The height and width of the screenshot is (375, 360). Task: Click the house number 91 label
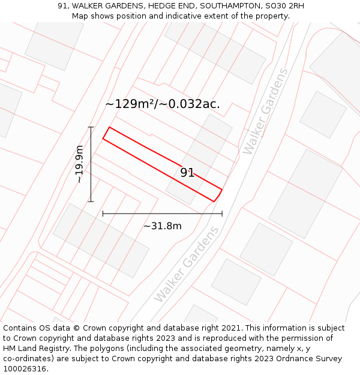[x=187, y=173]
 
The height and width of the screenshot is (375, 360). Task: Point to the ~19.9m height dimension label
[x=79, y=164]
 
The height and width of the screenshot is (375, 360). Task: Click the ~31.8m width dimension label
[x=162, y=226]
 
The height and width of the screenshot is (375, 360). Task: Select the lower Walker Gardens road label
[x=187, y=265]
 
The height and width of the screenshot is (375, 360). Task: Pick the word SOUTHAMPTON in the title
[x=230, y=6]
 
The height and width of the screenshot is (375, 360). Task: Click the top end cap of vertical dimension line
[x=91, y=127]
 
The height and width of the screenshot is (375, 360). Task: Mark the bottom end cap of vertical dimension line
[x=91, y=202]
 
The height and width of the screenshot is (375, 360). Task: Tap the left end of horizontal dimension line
[x=103, y=213]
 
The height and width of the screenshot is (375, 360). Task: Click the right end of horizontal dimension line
[x=222, y=213]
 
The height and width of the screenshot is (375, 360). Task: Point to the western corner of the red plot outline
[x=103, y=139]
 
